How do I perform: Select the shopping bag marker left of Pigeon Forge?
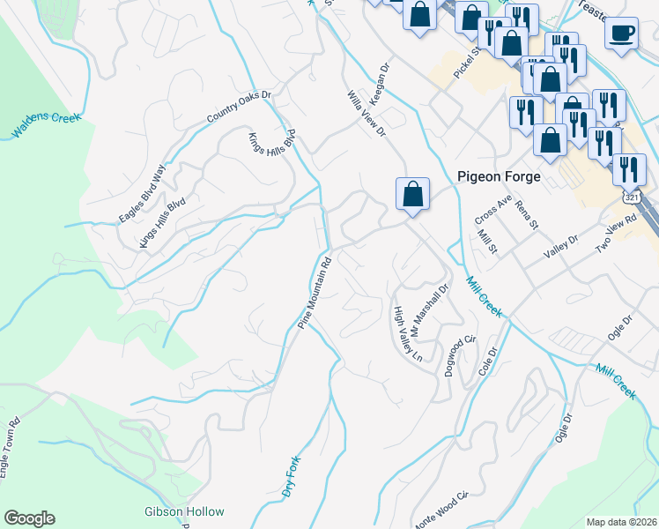point(412,193)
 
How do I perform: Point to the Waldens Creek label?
point(46,125)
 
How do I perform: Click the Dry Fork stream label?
point(292,477)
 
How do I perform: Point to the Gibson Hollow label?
point(184,511)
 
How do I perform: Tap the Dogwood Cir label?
point(460,355)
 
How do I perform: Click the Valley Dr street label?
point(560,246)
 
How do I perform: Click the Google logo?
point(29,518)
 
